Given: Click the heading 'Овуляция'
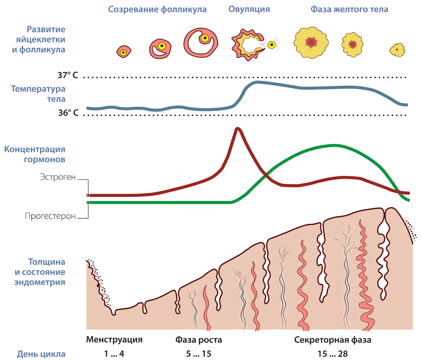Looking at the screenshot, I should [249, 9].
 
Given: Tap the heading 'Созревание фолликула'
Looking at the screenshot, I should [157, 10].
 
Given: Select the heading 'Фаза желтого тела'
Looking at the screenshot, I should [349, 10].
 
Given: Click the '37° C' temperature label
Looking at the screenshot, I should [68, 75].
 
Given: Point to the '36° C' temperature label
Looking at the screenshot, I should [68, 113].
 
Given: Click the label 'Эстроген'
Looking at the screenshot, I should [58, 177].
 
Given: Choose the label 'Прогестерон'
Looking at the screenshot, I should [50, 216].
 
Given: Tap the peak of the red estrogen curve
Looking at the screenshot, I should [238, 128].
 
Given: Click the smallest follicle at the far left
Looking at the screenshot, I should [123, 52].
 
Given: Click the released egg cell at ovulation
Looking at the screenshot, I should [271, 45].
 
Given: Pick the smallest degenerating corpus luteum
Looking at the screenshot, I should [397, 50].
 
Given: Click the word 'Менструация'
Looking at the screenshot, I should [114, 340].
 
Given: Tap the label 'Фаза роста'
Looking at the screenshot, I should [199, 340].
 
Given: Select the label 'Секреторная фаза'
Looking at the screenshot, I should [333, 340].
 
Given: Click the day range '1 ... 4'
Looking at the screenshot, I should [114, 354].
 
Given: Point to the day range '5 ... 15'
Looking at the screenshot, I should [199, 354].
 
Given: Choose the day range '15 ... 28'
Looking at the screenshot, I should [333, 354].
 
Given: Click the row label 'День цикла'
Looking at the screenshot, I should [41, 354].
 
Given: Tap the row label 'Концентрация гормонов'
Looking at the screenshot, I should [35, 154].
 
